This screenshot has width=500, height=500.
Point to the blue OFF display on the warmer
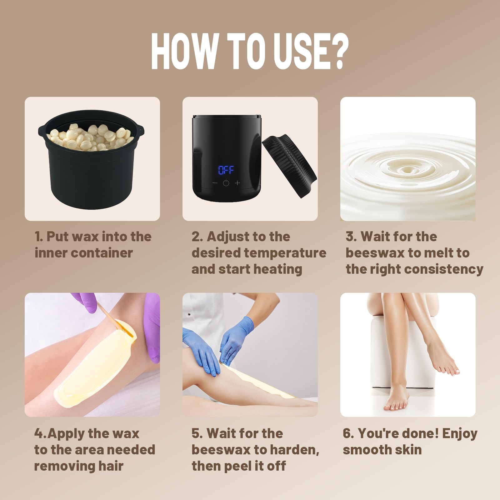click(x=226, y=170)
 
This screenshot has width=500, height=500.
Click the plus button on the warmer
click(x=237, y=183)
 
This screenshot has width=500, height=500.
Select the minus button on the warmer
click(x=215, y=183)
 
